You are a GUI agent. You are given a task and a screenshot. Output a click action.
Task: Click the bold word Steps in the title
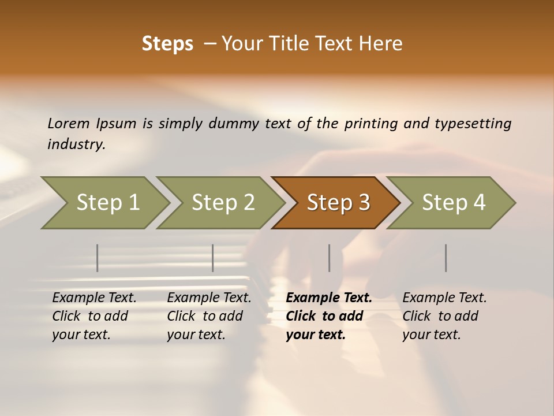point(167,43)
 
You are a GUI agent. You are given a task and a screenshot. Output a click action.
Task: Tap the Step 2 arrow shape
point(223,202)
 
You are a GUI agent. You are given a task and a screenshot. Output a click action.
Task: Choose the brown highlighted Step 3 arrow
point(338,202)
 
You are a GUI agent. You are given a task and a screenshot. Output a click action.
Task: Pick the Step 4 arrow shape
point(454,202)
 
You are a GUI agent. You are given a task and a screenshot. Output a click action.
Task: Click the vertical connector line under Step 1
point(98,258)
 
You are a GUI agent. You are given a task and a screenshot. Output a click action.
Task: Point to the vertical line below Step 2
point(213,258)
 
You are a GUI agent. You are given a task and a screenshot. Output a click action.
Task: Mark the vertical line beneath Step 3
point(329,258)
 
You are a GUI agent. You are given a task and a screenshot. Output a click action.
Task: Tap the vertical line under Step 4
point(446,258)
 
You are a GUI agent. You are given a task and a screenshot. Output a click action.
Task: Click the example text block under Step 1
point(94,316)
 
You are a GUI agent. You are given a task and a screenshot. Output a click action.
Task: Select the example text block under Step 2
point(209,316)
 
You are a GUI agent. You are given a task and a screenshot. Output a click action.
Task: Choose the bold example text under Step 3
point(329,316)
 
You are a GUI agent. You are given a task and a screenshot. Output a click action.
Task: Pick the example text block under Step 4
point(444,316)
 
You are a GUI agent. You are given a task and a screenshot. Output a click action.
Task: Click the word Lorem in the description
point(69,123)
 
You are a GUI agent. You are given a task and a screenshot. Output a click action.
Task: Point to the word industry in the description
point(76,144)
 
